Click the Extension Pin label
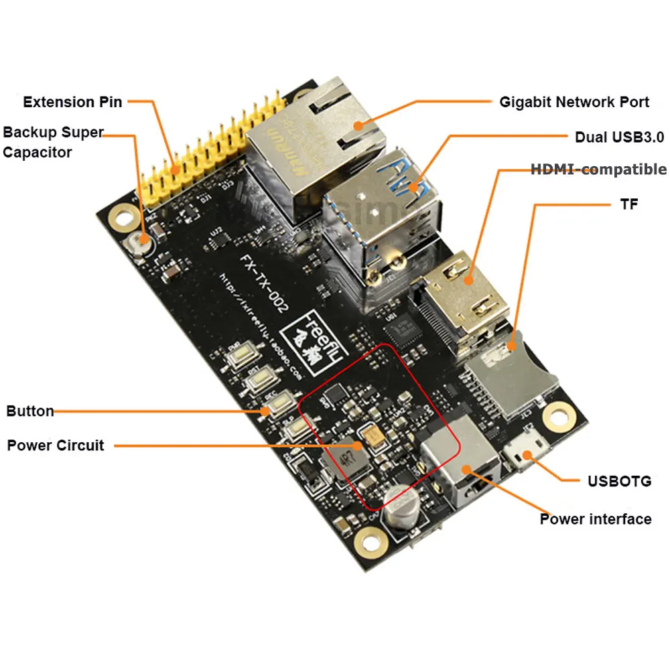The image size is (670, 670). click(x=72, y=102)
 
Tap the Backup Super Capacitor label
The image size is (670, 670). click(x=52, y=141)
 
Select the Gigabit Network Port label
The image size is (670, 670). click(x=574, y=102)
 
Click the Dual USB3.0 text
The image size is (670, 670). click(x=619, y=137)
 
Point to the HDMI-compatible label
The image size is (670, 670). click(x=598, y=170)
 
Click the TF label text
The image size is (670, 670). click(x=628, y=204)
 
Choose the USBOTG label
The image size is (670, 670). click(x=618, y=480)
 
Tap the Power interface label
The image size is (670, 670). click(x=595, y=519)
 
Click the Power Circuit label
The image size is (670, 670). click(x=56, y=445)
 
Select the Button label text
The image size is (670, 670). click(x=30, y=411)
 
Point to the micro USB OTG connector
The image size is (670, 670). click(x=525, y=452)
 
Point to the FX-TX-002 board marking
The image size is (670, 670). click(x=265, y=282)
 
